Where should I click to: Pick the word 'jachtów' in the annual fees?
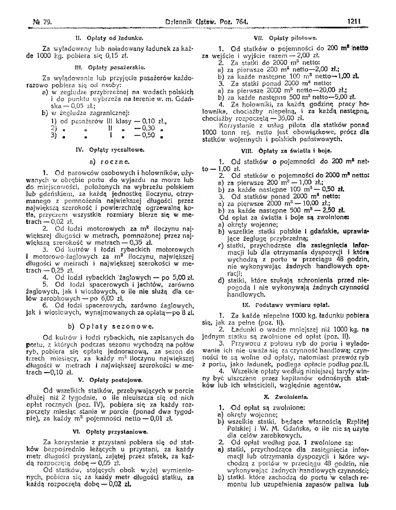[x=141, y=284]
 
